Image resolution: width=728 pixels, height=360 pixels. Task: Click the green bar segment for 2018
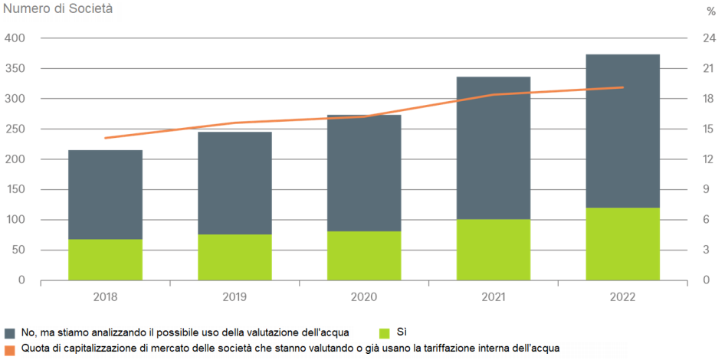coord(105,260)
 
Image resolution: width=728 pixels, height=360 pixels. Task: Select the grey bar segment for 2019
coord(234,183)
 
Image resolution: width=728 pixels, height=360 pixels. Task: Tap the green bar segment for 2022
coord(622,244)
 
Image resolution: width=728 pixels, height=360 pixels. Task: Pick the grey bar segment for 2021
coord(493,148)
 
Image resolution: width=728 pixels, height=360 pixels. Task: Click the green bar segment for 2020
coord(364,256)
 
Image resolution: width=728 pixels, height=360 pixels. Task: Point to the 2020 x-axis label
coord(364,295)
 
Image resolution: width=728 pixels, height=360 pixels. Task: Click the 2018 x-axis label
coord(105,295)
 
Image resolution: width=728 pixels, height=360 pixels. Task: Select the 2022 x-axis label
coord(622,295)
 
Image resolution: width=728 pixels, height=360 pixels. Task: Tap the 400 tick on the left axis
coord(15,38)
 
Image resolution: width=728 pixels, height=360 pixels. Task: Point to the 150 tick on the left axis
coord(15,190)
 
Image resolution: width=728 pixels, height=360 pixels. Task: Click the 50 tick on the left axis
coord(18,250)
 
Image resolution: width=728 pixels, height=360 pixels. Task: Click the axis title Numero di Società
coord(57,10)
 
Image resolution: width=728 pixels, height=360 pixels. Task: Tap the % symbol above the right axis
coord(710,11)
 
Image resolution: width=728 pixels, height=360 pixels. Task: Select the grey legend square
coord(10,333)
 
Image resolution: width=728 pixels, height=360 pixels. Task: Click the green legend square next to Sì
coord(385,332)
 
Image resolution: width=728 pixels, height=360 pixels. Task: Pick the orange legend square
coord(9,349)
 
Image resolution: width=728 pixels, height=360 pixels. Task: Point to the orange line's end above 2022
coord(622,87)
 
